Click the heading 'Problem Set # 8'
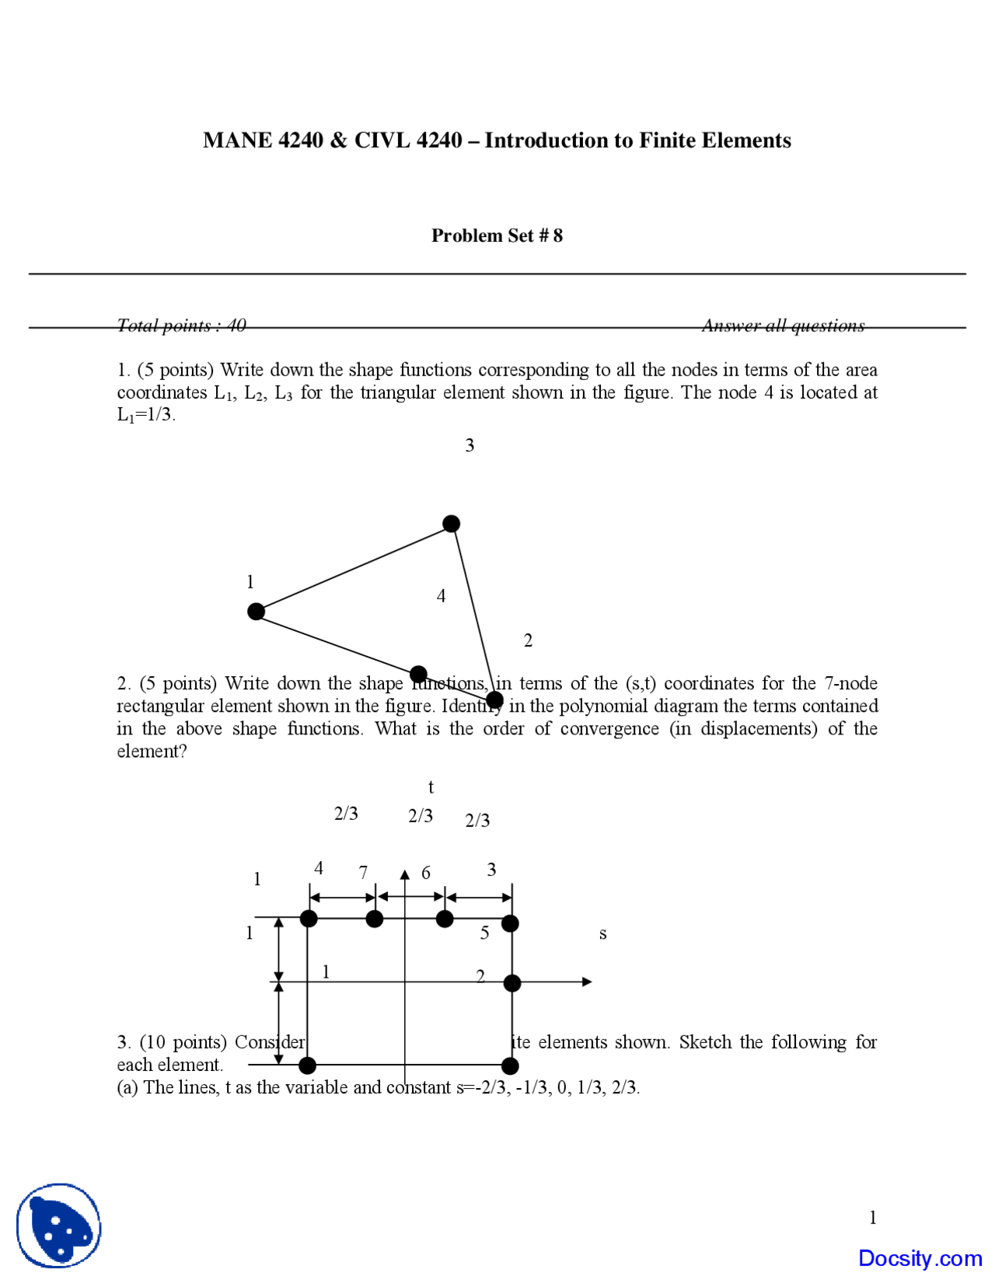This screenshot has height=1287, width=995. (497, 235)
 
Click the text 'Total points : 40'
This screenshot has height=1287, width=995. (181, 325)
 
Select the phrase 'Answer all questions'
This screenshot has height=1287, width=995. (783, 325)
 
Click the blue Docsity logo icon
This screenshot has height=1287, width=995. (59, 1226)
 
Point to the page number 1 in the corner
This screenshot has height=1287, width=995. (872, 1217)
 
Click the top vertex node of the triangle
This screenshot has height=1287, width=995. (451, 524)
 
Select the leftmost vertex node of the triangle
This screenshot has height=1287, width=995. (256, 612)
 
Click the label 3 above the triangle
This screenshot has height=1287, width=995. (470, 445)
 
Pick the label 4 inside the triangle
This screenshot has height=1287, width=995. (441, 596)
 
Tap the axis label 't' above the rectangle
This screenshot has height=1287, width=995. (431, 787)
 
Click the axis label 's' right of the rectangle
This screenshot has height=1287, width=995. (602, 933)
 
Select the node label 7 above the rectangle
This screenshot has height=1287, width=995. (363, 872)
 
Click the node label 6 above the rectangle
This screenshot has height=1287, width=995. (426, 873)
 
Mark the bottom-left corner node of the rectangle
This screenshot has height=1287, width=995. (308, 1065)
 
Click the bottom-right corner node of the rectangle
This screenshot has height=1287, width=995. (510, 1066)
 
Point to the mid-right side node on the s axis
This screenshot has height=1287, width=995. (511, 983)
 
